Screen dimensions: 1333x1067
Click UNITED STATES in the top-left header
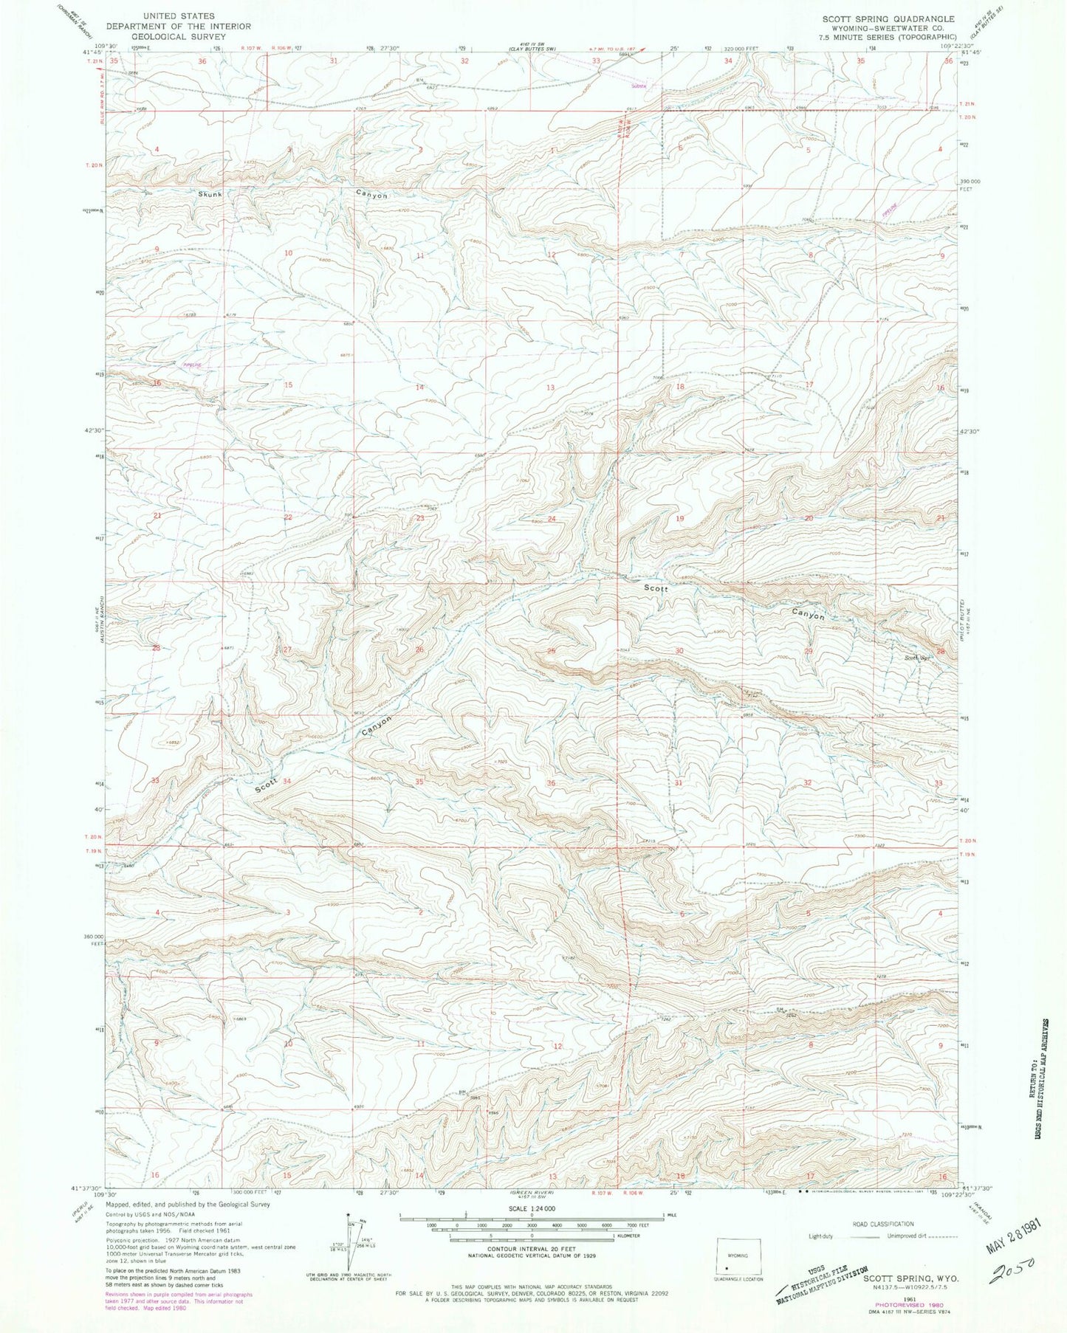click(x=179, y=15)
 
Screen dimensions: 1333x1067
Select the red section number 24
click(x=552, y=519)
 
